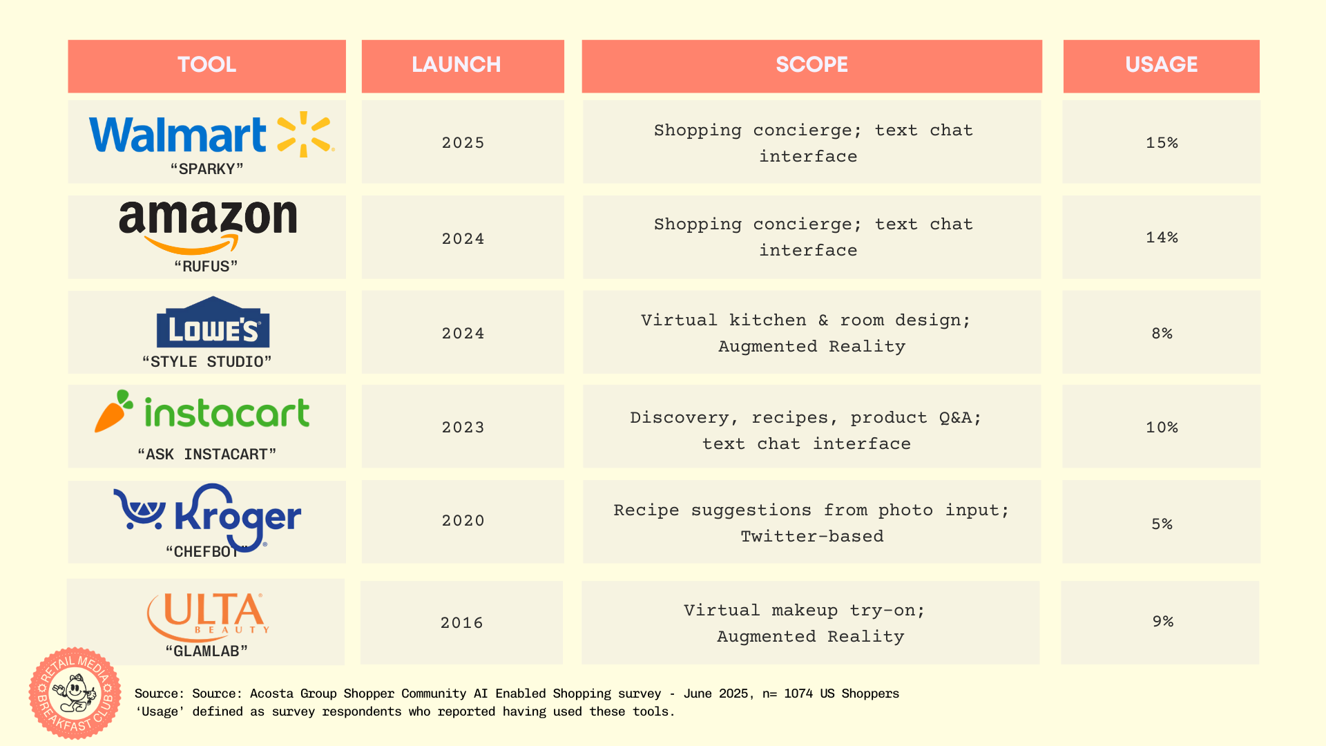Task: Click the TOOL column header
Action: coord(206,65)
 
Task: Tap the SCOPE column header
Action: coord(811,65)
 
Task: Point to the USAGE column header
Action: coord(1161,65)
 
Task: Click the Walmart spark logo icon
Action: coord(305,134)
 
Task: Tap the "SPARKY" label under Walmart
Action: coord(206,169)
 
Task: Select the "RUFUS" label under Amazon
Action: coord(206,267)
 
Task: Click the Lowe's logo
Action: coord(213,322)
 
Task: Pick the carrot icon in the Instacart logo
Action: coord(114,412)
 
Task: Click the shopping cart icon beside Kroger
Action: coord(140,510)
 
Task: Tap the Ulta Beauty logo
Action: coord(208,616)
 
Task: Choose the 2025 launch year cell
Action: coord(463,143)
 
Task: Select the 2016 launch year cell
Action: coord(461,623)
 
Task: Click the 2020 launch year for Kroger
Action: coord(463,521)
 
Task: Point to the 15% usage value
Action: coord(1162,143)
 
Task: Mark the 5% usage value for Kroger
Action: coord(1162,524)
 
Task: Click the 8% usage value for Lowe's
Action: coord(1162,334)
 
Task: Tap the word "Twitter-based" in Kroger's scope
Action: coord(812,537)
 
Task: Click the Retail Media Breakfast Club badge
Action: coord(75,693)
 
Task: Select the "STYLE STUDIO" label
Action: coord(206,362)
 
